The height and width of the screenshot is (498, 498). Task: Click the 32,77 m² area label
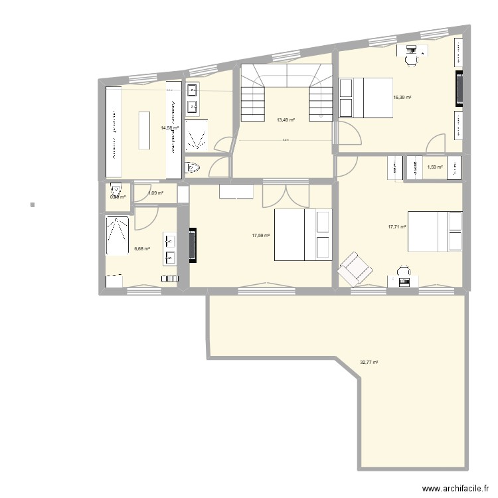[369, 363]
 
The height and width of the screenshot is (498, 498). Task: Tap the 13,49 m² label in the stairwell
[286, 120]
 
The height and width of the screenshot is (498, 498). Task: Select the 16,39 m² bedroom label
[402, 98]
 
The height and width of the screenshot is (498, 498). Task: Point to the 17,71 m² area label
[397, 227]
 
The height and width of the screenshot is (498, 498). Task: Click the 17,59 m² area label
[260, 235]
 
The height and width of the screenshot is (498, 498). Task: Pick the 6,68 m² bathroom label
[141, 249]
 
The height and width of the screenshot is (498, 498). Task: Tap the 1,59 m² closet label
[435, 167]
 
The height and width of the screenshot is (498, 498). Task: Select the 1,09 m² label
[155, 193]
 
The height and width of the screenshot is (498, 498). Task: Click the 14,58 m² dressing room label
[169, 127]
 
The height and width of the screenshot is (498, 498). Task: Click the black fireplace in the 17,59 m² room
[193, 246]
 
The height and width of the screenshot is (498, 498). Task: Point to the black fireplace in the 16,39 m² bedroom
[459, 88]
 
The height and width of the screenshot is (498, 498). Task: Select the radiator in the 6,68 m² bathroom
[114, 281]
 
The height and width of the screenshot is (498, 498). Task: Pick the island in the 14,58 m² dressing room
[143, 131]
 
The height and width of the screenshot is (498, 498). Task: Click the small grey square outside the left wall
[32, 203]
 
